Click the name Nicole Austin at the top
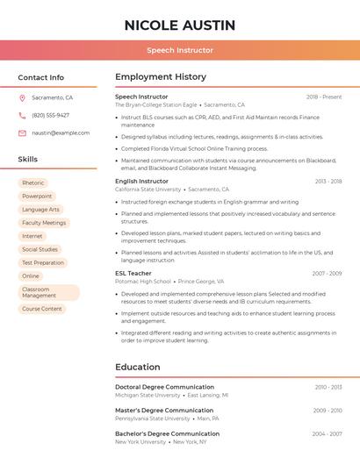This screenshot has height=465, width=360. pyautogui.click(x=180, y=25)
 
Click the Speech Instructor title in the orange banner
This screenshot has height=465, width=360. pyautogui.click(x=180, y=50)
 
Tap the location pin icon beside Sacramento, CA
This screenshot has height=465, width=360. pyautogui.click(x=22, y=98)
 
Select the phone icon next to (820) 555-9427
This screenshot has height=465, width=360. pyautogui.click(x=22, y=116)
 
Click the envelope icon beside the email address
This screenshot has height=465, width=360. pyautogui.click(x=22, y=133)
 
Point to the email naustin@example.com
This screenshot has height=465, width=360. pyautogui.click(x=61, y=133)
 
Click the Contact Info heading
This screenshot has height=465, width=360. pyautogui.click(x=41, y=78)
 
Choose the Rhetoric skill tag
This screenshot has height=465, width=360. pyautogui.click(x=32, y=183)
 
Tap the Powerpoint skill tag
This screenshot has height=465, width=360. pyautogui.click(x=37, y=197)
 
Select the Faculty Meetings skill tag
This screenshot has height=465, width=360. pyautogui.click(x=44, y=223)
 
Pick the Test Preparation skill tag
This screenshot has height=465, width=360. pyautogui.click(x=43, y=262)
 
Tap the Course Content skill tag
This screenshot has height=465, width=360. pyautogui.click(x=42, y=309)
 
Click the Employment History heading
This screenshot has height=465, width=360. pyautogui.click(x=161, y=77)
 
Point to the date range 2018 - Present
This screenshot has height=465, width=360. pyautogui.click(x=324, y=97)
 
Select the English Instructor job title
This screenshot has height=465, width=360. pyautogui.click(x=141, y=181)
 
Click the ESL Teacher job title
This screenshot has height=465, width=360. pyautogui.click(x=133, y=273)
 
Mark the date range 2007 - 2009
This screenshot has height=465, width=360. pyautogui.click(x=327, y=273)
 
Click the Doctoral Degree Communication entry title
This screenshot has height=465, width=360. pyautogui.click(x=164, y=387)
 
